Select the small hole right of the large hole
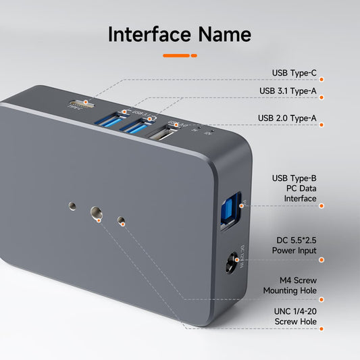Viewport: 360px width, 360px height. tap(122, 221)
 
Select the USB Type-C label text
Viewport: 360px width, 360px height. tap(294, 73)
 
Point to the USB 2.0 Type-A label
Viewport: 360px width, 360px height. tap(287, 118)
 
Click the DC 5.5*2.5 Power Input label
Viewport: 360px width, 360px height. tap(294, 245)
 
